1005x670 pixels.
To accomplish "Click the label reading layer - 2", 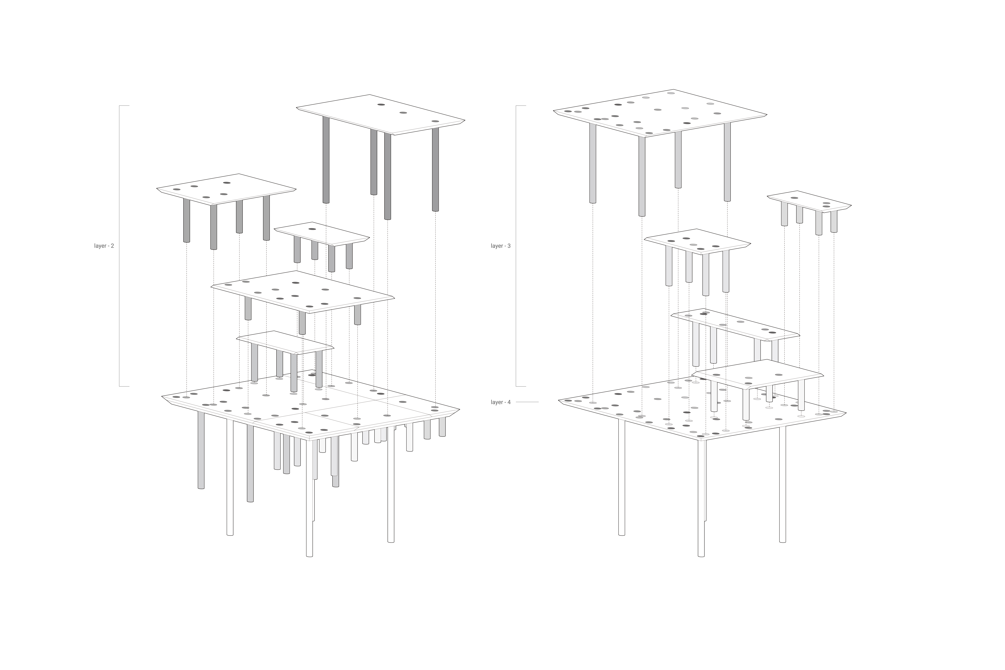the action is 104,246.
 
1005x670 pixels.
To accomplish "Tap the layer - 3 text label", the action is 500,246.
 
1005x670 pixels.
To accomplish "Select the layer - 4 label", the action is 500,402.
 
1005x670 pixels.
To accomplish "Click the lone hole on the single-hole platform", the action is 312,229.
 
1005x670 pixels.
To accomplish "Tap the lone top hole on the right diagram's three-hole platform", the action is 794,198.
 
